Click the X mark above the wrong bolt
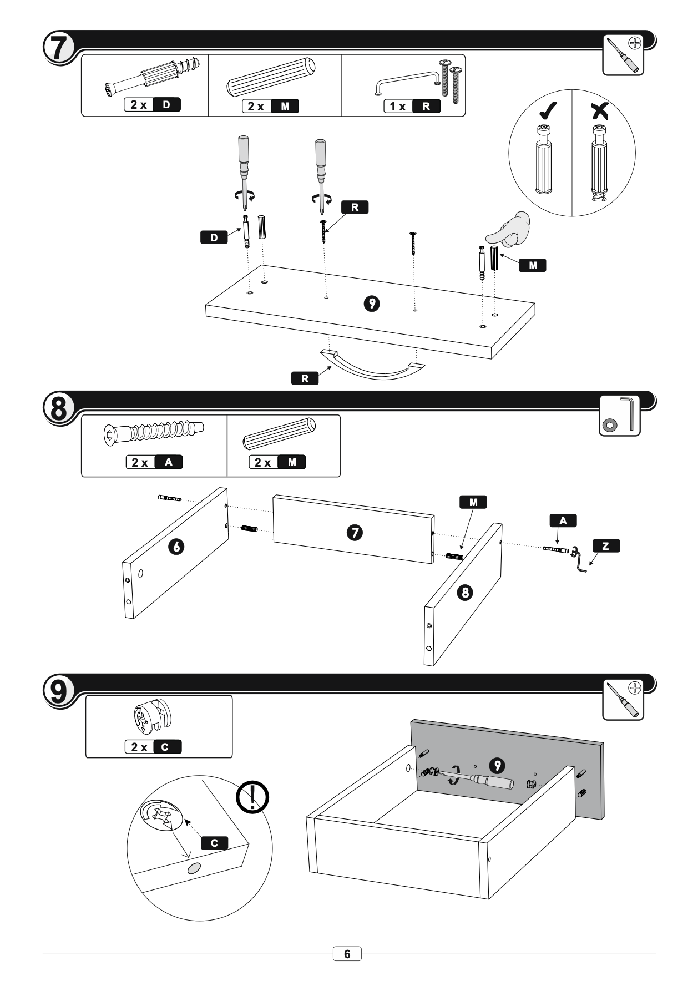coord(599,111)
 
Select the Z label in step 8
coord(606,546)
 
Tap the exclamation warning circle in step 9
coord(252,797)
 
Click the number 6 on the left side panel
coord(176,547)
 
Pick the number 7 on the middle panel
coord(354,532)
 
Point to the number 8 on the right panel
coord(464,593)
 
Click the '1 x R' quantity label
coord(411,106)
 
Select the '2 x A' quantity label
coord(154,462)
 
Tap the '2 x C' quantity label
coord(153,747)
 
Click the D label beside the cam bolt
coord(214,237)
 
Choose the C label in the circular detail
coord(214,843)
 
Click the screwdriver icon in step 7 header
coord(623,54)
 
